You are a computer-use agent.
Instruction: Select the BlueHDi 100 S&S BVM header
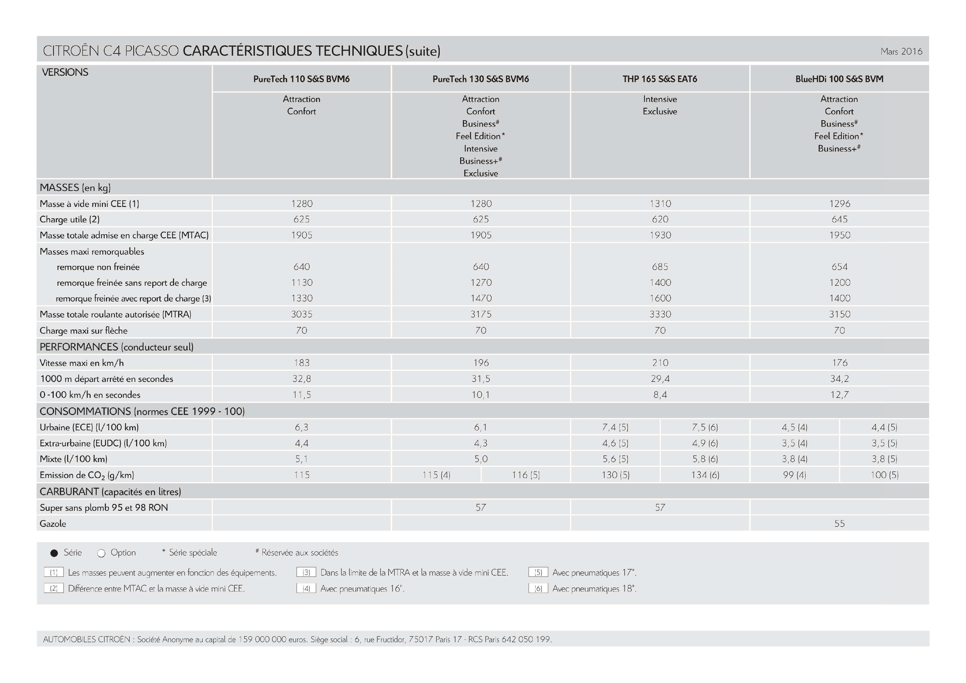pos(839,79)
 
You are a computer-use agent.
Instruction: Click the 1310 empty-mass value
pos(660,204)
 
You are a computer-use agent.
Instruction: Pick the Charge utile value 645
pos(839,219)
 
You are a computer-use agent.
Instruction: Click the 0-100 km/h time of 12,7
pos(839,395)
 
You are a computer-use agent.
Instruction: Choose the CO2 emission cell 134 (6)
pos(705,475)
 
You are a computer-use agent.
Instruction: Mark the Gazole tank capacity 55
pos(839,523)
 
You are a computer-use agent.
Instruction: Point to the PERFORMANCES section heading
pos(116,347)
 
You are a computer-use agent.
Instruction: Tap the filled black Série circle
pos(54,553)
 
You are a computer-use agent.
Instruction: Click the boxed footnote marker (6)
pos(538,588)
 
